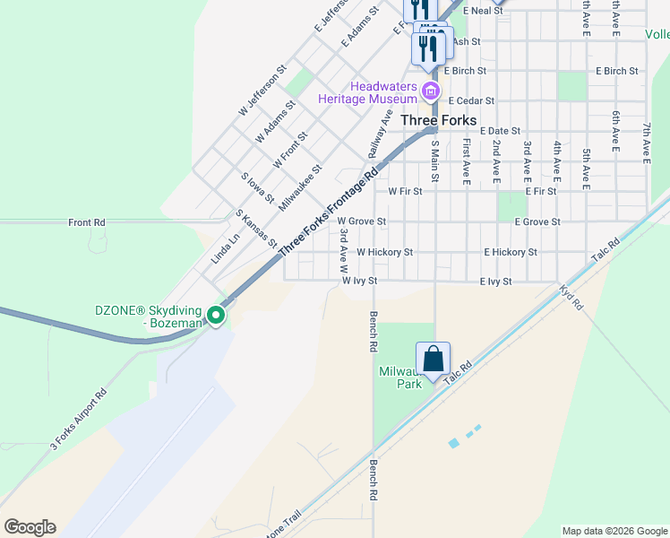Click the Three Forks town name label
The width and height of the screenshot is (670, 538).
click(x=438, y=119)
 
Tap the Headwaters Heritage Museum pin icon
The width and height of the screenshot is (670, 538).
click(x=431, y=91)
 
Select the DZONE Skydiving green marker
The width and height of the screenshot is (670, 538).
click(x=216, y=315)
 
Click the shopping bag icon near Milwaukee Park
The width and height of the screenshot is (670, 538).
click(x=433, y=359)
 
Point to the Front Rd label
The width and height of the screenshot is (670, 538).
click(x=87, y=221)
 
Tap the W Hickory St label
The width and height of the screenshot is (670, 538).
click(x=384, y=253)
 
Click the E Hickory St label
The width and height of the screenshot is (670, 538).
click(x=510, y=253)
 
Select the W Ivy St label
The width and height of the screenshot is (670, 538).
click(x=360, y=281)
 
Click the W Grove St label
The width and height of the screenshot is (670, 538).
click(x=361, y=221)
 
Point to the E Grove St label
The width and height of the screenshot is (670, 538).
click(x=537, y=221)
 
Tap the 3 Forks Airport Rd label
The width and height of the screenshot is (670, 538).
click(x=78, y=419)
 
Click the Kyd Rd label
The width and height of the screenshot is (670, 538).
click(x=571, y=299)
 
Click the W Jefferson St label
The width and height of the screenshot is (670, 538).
click(x=262, y=89)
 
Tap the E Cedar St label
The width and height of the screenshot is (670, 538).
click(x=471, y=101)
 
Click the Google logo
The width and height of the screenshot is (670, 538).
click(x=30, y=527)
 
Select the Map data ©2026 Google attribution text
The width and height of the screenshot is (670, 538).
click(x=614, y=531)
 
